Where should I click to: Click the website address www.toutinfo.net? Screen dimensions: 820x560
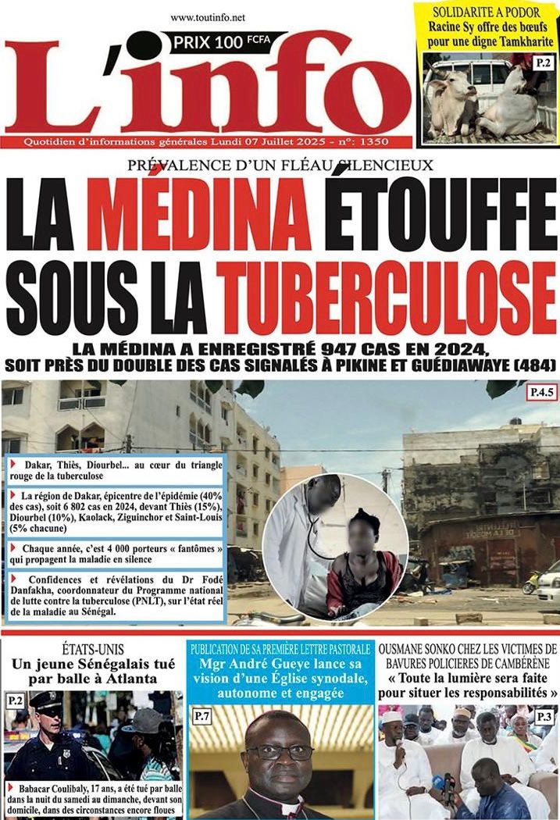[x=207, y=17]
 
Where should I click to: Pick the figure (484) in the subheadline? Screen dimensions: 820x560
[x=533, y=364]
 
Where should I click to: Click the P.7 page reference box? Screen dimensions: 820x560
[x=202, y=715]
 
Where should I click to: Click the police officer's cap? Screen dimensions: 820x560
[x=45, y=699]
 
